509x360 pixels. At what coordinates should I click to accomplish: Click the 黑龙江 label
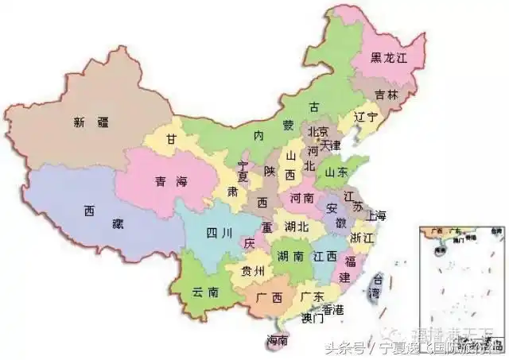tap(389, 58)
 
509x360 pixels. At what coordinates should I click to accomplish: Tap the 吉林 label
tap(387, 95)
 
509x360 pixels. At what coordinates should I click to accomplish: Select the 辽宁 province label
tap(366, 117)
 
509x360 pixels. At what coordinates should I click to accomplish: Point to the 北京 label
tap(318, 132)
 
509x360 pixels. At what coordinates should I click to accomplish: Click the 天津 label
tap(329, 145)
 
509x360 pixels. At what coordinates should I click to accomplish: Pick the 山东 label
tap(336, 172)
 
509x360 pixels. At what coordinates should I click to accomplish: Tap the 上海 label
tap(375, 215)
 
